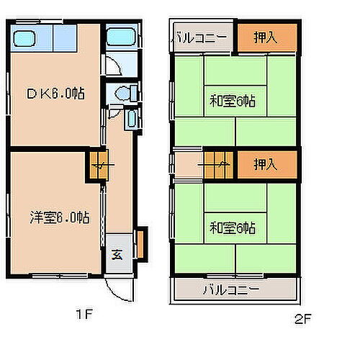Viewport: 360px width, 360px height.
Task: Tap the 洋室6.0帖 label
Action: tap(59, 216)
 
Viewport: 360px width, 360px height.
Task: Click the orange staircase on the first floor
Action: tap(98, 166)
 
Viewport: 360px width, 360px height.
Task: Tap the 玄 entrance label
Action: tap(117, 254)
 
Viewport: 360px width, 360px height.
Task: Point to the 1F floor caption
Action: tap(84, 315)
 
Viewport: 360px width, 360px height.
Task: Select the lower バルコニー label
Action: tap(232, 291)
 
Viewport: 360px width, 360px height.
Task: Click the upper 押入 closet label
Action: tap(266, 37)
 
